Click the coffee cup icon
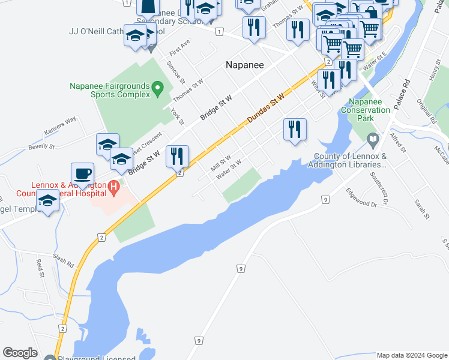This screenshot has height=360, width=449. point(83,174)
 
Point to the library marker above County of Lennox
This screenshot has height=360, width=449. point(373,141)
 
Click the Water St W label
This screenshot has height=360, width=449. point(229,169)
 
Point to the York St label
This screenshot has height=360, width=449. point(177,118)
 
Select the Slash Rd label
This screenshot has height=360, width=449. point(62,260)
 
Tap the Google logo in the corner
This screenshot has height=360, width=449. point(20,353)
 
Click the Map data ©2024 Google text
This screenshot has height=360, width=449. point(412,355)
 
